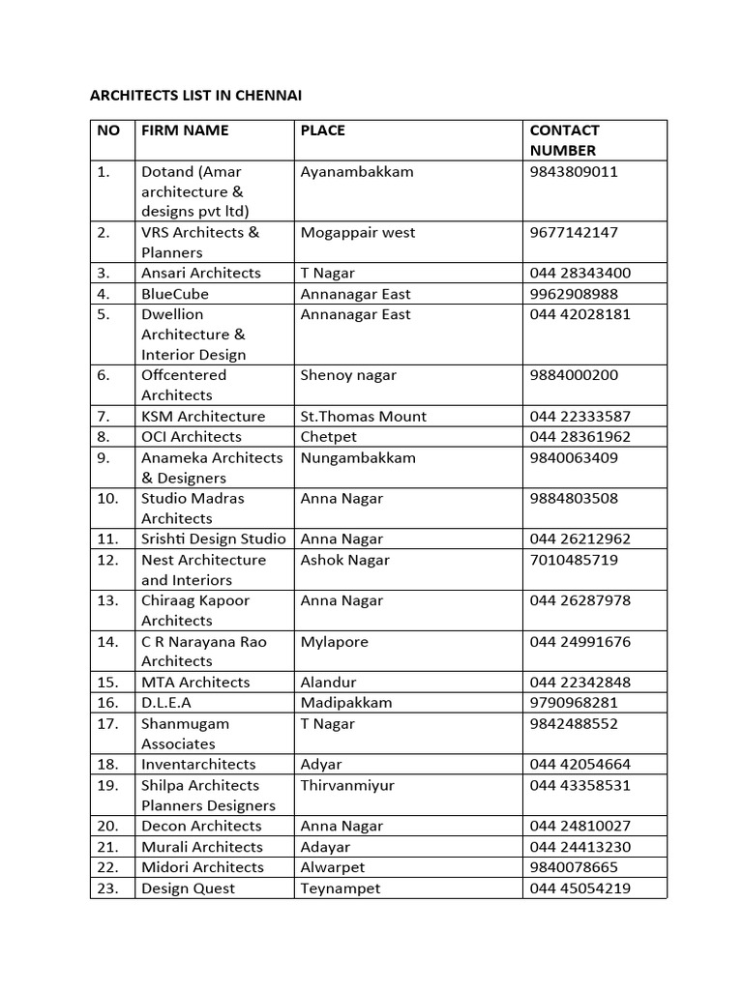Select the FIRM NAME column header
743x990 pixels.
185,131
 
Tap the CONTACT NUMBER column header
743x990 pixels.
564,140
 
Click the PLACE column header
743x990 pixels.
322,131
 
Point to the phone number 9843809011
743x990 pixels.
574,172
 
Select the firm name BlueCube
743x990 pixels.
175,294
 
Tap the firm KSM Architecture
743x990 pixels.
203,417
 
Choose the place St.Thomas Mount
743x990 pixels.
363,417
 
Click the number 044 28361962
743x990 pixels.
580,437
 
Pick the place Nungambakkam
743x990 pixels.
358,458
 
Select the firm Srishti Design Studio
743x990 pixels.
214,539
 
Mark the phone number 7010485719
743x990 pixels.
574,560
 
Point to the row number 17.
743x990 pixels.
107,723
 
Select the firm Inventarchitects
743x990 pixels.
198,765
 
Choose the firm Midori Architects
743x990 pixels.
202,867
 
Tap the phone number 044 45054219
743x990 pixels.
580,888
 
